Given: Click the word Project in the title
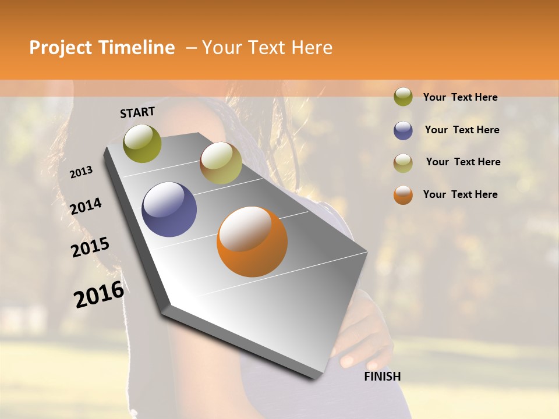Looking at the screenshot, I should coord(59,48).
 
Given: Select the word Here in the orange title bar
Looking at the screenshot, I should coord(312,48).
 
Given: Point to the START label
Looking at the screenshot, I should coord(137,112).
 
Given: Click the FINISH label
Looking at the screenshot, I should coord(383,377).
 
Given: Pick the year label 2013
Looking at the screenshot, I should coord(81,172).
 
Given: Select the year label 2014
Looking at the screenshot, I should coord(86,207).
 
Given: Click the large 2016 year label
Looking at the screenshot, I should coord(99,294).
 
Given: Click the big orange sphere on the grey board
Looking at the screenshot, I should coord(252,242).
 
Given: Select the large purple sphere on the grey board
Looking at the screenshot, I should coord(169,210).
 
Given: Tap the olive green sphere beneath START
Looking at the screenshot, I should coord(143,143).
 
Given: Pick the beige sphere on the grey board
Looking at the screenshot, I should coord(221,163).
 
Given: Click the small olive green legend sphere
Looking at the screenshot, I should coord(403,97).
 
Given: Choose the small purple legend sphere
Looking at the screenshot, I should coord(403,130).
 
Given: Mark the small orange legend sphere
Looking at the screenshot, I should coord(403,195).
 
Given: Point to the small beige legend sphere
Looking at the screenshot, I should coord(403,163).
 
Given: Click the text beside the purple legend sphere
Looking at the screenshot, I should coord(462,130).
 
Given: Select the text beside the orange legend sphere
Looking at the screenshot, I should coord(460,194).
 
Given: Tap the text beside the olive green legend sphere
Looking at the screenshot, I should coord(460,97).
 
